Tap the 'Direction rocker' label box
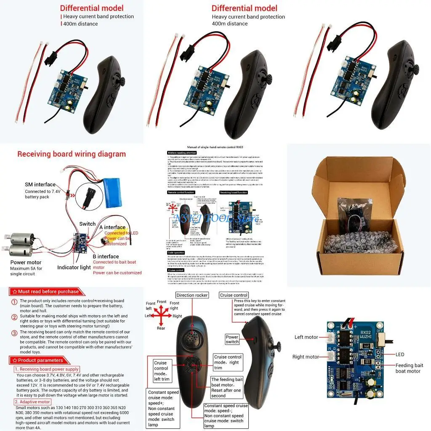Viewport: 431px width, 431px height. tap(192, 295)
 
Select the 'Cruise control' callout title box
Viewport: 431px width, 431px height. tap(234, 295)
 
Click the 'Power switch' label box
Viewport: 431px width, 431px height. tap(232, 339)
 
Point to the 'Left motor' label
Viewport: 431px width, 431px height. tap(306, 337)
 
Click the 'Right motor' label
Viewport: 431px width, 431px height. tap(306, 357)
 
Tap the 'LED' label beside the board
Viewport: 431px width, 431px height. tap(400, 354)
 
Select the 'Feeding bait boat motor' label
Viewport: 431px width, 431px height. tap(409, 368)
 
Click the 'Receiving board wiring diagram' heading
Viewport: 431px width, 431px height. tap(71, 154)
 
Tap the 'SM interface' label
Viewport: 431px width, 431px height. tap(40, 184)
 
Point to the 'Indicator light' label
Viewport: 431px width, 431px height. tap(74, 267)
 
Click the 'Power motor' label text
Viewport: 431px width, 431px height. tap(26, 262)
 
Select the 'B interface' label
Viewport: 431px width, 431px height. tap(106, 256)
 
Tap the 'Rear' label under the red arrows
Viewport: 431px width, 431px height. tap(161, 328)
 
